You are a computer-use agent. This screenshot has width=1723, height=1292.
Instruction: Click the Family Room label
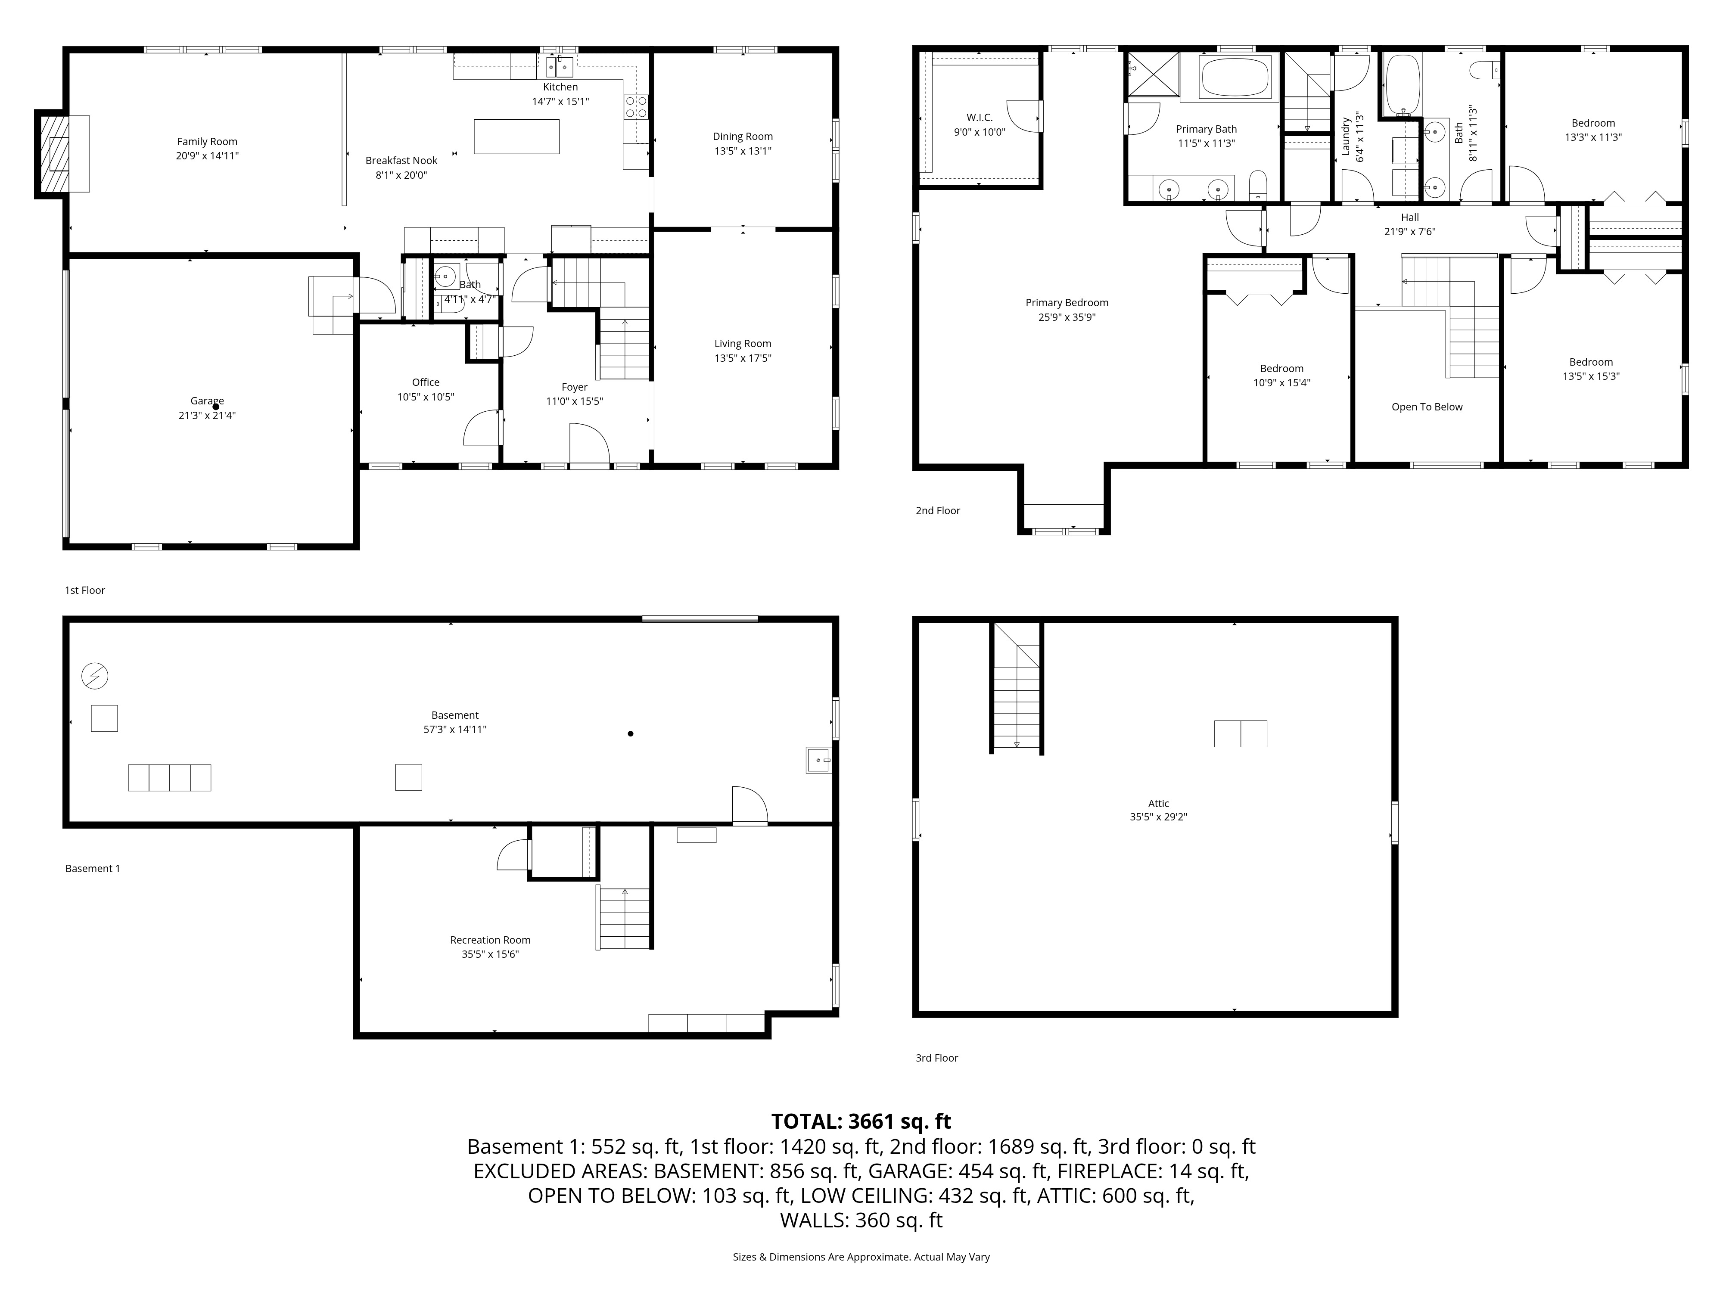pyautogui.click(x=207, y=142)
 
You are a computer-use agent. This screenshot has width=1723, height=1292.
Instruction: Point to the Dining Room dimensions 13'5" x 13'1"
pyautogui.click(x=743, y=151)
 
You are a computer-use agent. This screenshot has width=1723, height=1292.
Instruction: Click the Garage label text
pyautogui.click(x=207, y=401)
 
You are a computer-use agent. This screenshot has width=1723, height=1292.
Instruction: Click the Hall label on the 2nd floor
pyautogui.click(x=1410, y=217)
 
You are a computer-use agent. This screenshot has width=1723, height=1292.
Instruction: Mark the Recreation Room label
pyautogui.click(x=490, y=940)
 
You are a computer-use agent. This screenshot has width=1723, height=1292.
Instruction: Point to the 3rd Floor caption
pyautogui.click(x=937, y=1058)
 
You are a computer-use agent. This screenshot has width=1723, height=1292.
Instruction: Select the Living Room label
pyautogui.click(x=743, y=343)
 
